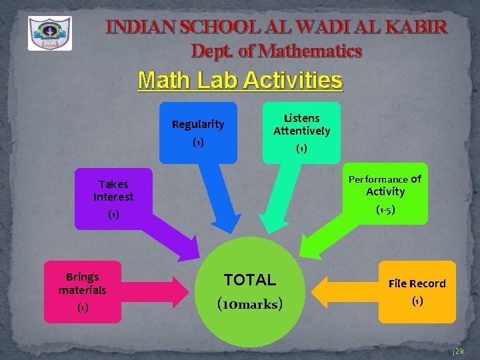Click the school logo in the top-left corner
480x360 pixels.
click(x=50, y=33)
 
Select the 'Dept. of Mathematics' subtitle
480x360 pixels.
click(x=276, y=51)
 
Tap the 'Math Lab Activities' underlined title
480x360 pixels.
click(x=240, y=81)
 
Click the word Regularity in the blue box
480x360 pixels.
click(x=198, y=125)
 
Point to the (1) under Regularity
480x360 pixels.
click(x=198, y=143)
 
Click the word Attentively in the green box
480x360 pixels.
click(x=301, y=131)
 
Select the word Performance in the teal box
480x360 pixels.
click(x=379, y=179)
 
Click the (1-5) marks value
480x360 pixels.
click(x=385, y=210)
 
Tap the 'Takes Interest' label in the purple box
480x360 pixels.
click(x=113, y=191)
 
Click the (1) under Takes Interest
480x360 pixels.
click(x=113, y=215)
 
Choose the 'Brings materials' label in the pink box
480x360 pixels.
click(x=82, y=283)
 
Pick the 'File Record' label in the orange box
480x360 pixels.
click(x=417, y=284)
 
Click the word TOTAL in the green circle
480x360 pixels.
click(x=250, y=280)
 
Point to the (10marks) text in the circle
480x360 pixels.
click(x=250, y=304)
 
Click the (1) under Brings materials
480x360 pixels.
click(x=82, y=308)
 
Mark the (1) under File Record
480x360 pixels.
click(x=417, y=301)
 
